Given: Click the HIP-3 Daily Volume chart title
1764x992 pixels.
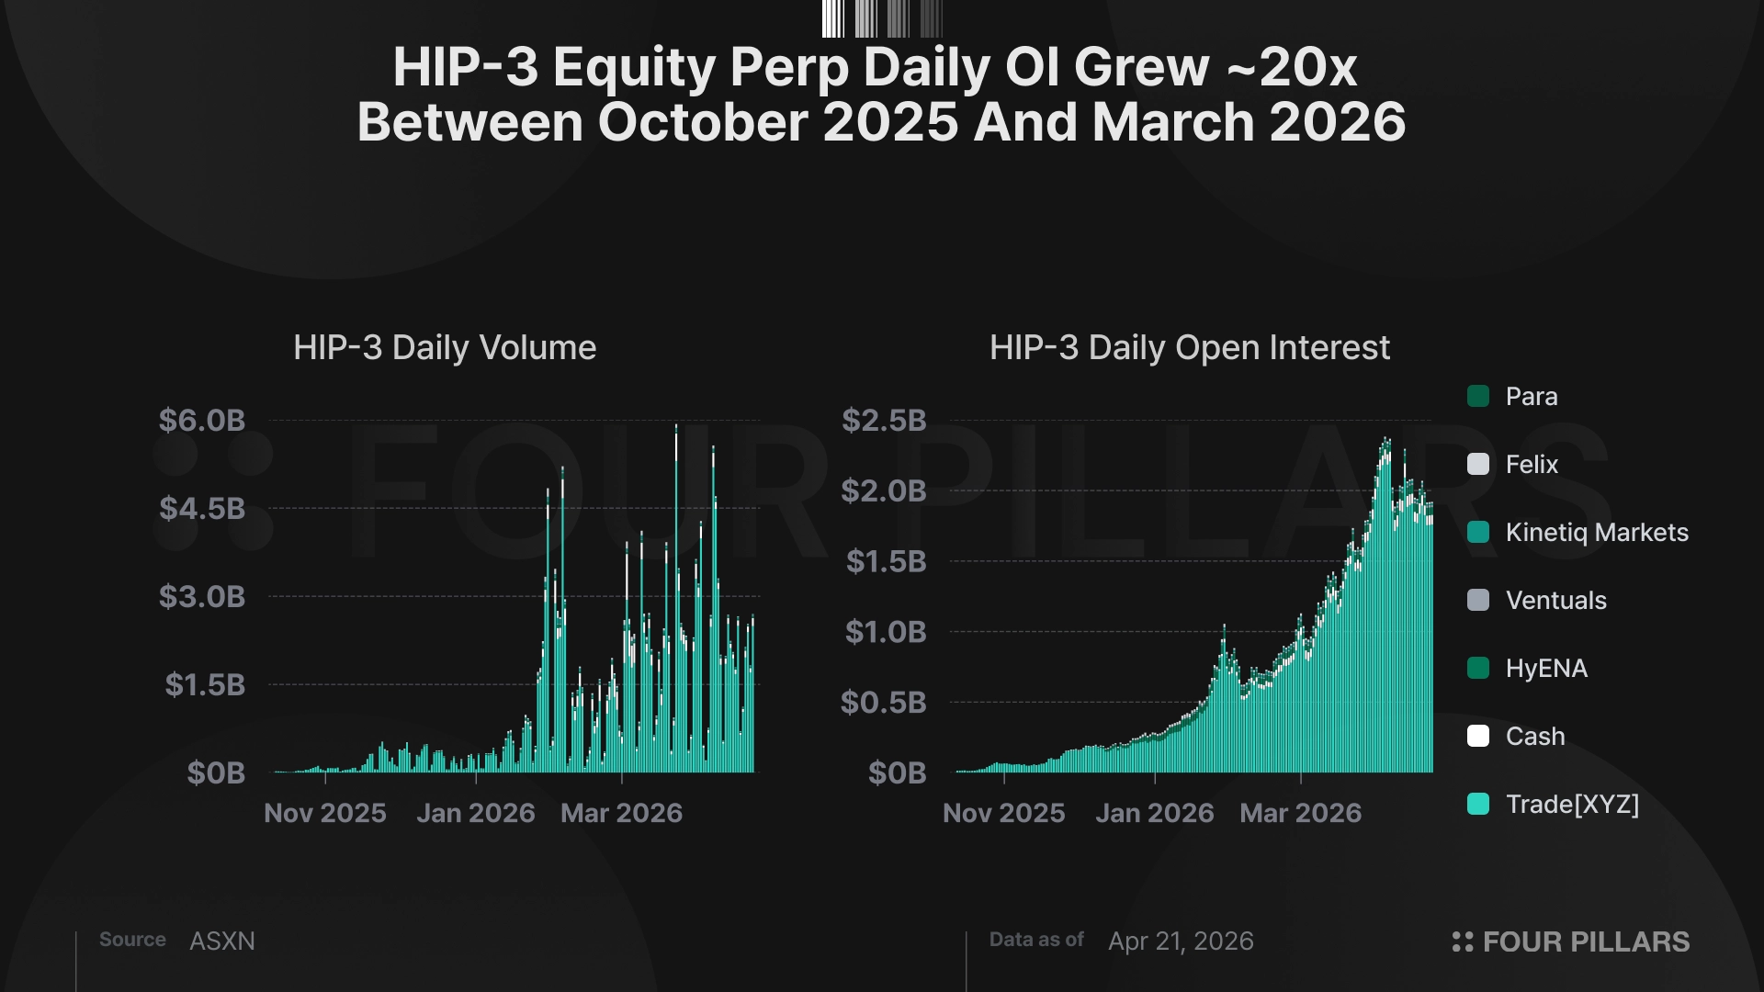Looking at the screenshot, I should tap(445, 348).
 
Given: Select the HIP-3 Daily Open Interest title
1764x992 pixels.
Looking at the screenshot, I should tap(1189, 348).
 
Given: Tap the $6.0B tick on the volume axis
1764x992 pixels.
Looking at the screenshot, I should tap(202, 421).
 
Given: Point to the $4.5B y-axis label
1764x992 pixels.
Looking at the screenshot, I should tap(202, 509).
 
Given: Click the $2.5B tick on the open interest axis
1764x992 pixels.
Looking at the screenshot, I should tap(884, 421).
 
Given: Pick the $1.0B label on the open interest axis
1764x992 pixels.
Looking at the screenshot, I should tap(886, 632).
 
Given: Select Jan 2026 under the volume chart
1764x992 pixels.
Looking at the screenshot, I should tap(475, 813).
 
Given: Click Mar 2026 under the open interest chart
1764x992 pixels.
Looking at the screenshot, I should tap(1300, 813).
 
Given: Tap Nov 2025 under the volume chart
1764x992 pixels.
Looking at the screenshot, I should tap(325, 813).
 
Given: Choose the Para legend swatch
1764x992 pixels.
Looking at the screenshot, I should tap(1478, 397).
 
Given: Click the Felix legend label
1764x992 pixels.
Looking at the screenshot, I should tap(1532, 465).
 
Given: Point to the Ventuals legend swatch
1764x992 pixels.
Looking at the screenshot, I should tap(1478, 601).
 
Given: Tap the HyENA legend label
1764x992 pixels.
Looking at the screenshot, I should tap(1546, 669).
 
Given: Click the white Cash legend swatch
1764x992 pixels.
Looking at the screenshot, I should tap(1478, 737).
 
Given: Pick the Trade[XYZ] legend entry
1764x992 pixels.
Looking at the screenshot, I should tap(1572, 805).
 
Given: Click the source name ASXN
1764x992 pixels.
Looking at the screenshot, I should tap(222, 941).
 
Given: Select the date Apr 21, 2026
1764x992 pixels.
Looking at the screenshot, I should tap(1181, 941).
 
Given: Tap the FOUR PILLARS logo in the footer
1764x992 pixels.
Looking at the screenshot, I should tap(1571, 941).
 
